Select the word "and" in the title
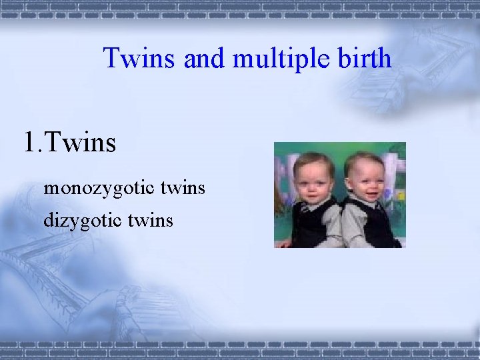(x=203, y=59)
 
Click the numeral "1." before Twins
(x=35, y=142)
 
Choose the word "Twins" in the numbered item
(x=83, y=142)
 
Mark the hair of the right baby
(x=364, y=159)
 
